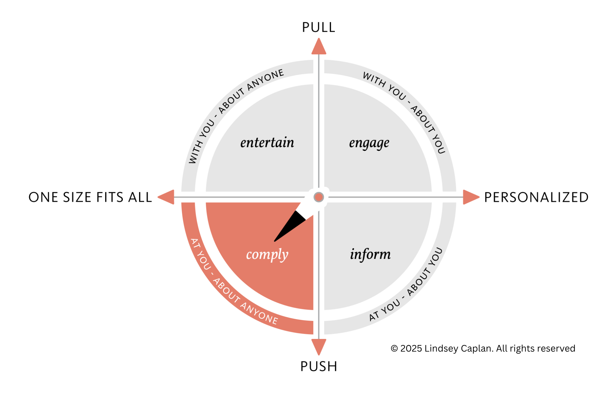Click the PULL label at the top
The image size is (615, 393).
(x=318, y=28)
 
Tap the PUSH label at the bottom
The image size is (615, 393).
(x=319, y=367)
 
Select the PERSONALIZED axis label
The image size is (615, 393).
(x=536, y=197)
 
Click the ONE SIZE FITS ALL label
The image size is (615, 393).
(x=90, y=197)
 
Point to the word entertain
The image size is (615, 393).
(x=267, y=143)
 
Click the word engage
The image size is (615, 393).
(x=369, y=143)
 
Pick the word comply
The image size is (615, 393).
(x=267, y=255)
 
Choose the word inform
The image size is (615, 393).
(x=370, y=254)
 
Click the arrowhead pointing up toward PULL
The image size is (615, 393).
(x=319, y=47)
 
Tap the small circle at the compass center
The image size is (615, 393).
(x=319, y=197)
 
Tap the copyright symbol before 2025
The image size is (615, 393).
(x=394, y=349)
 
